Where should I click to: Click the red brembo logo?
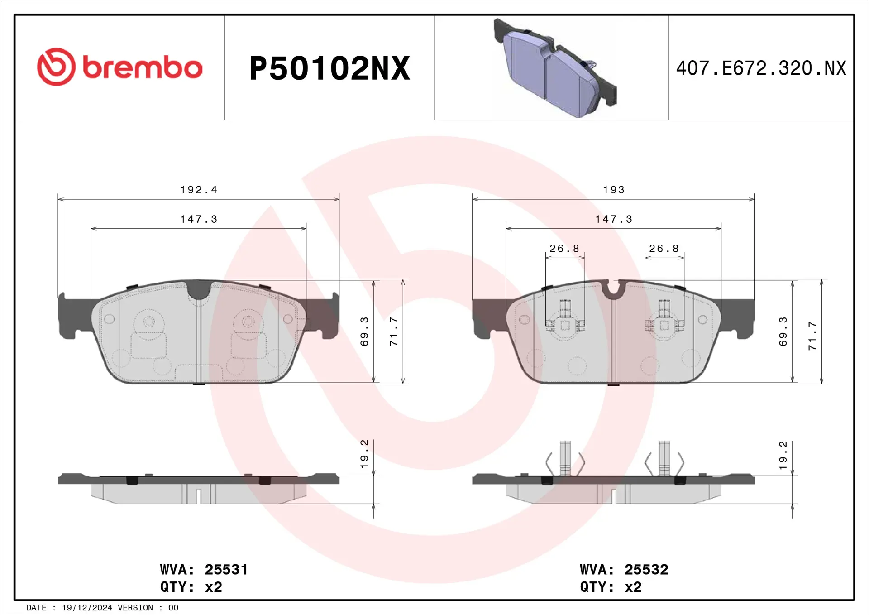(x=119, y=67)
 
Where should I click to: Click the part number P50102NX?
(x=329, y=68)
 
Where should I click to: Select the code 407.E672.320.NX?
(x=761, y=68)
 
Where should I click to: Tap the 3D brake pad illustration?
(x=555, y=68)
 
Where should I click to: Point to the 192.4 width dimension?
(x=199, y=190)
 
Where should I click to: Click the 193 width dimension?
(x=613, y=190)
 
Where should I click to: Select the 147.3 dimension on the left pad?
(x=199, y=219)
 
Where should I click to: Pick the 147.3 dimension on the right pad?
(x=613, y=219)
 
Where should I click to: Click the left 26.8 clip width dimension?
(x=564, y=249)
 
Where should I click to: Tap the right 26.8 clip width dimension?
(x=664, y=249)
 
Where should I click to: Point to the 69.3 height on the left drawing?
(x=364, y=332)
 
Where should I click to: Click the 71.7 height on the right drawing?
(x=812, y=336)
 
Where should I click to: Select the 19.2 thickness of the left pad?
(x=364, y=454)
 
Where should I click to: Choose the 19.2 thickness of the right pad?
(x=783, y=455)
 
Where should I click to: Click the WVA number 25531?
(x=226, y=569)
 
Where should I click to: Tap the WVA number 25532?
(x=646, y=569)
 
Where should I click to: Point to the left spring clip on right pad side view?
(x=565, y=460)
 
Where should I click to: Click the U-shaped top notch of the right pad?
(x=613, y=289)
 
